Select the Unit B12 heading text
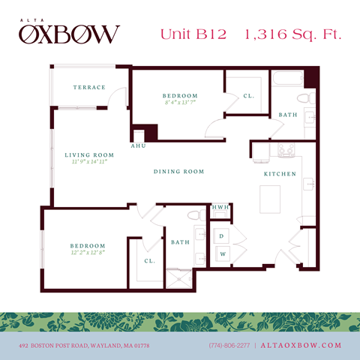196,33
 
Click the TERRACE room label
88,88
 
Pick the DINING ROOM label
178,172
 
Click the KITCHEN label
279,174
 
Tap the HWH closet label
220,208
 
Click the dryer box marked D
222,236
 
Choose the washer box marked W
222,254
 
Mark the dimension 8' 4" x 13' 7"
179,103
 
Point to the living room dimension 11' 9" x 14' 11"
86,161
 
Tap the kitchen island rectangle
271,200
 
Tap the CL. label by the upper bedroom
247,97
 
